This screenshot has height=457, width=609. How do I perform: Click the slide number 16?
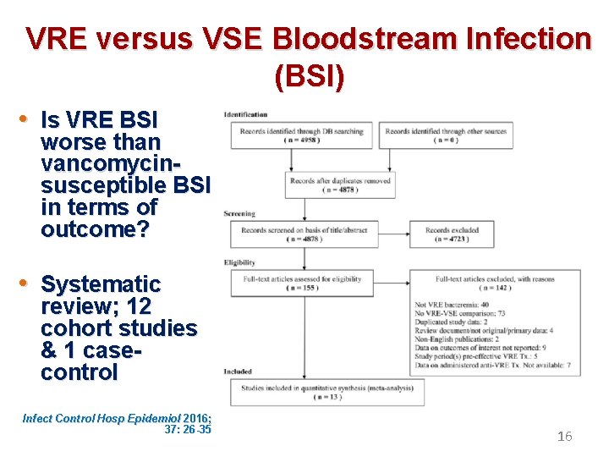(564, 437)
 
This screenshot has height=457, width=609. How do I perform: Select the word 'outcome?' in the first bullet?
(94, 230)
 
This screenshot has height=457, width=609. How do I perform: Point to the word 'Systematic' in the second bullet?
(101, 284)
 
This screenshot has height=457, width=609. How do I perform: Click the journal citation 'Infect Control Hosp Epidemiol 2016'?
(117, 418)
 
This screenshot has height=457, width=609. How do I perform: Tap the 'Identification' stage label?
(246, 114)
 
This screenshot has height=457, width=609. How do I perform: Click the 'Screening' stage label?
(240, 214)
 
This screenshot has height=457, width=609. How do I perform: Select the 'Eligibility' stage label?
(240, 263)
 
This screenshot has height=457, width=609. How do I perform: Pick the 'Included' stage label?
(238, 372)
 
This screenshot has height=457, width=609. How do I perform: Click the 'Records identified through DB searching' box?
(301, 135)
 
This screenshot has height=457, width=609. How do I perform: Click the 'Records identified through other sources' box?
(445, 135)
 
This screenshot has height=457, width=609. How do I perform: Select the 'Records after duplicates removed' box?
(340, 184)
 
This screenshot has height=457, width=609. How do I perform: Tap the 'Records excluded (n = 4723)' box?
(451, 234)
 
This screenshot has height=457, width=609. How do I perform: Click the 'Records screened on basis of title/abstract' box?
(301, 234)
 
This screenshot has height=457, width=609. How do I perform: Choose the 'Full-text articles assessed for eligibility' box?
(301, 284)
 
